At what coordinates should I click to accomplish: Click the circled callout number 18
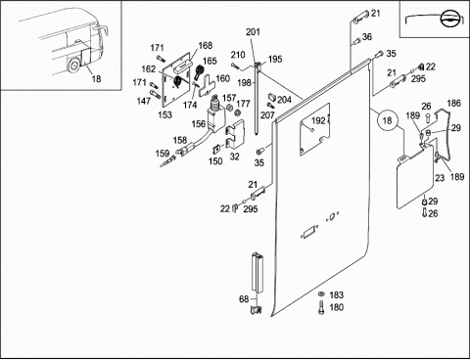pyautogui.click(x=387, y=121)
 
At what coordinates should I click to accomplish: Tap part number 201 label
pyautogui.click(x=253, y=32)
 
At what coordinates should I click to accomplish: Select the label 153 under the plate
pyautogui.click(x=164, y=114)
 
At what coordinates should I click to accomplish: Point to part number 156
pyautogui.click(x=199, y=124)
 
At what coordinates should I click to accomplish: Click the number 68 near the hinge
pyautogui.click(x=244, y=299)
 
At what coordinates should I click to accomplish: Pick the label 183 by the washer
pyautogui.click(x=336, y=295)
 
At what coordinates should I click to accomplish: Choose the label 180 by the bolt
pyautogui.click(x=336, y=307)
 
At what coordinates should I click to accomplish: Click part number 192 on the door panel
pyautogui.click(x=318, y=121)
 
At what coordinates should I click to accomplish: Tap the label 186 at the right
pyautogui.click(x=453, y=104)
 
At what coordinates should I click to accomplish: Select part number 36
pyautogui.click(x=367, y=37)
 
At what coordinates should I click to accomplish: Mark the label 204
pyautogui.click(x=284, y=100)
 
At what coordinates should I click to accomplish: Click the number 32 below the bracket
pyautogui.click(x=234, y=157)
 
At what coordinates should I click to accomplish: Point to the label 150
pyautogui.click(x=215, y=161)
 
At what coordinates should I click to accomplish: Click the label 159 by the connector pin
pyautogui.click(x=163, y=154)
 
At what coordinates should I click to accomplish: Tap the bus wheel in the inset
pyautogui.click(x=72, y=66)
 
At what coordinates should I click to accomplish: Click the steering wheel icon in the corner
pyautogui.click(x=449, y=20)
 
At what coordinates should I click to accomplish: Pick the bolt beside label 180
pyautogui.click(x=321, y=307)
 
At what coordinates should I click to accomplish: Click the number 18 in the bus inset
pyautogui.click(x=96, y=78)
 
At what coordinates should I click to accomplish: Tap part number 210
pyautogui.click(x=238, y=55)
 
